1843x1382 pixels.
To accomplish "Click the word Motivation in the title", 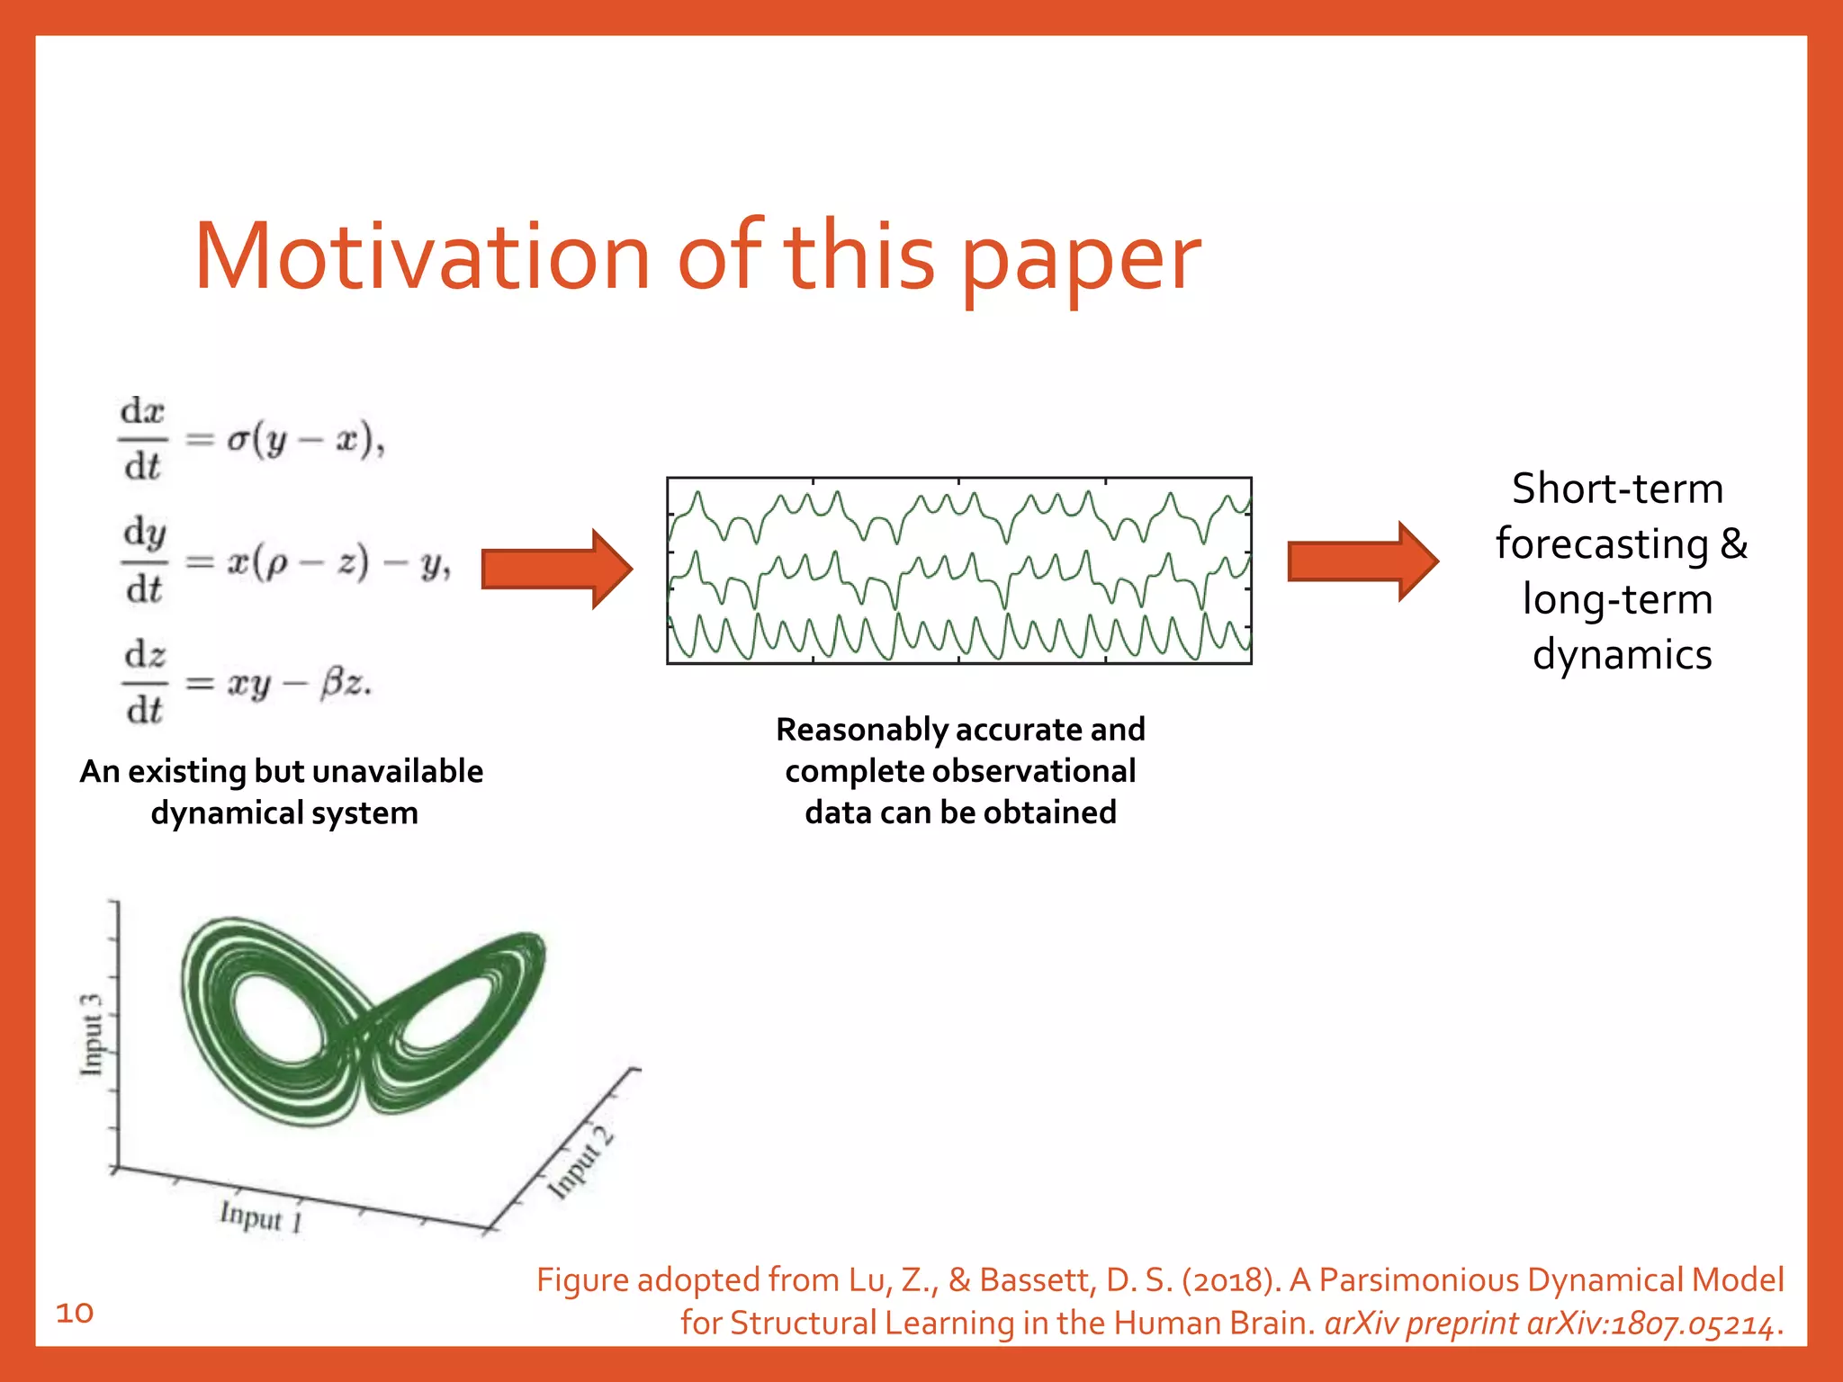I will coord(421,257).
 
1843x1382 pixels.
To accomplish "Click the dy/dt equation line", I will coord(286,561).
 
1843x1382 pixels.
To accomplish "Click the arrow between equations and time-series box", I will coord(556,569).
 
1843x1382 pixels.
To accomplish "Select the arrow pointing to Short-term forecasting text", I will coord(1362,561).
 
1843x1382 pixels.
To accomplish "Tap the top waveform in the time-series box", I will coord(958,516).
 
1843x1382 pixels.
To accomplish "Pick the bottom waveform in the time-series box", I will coord(958,635).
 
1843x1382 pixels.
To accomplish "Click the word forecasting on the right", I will coord(1602,545).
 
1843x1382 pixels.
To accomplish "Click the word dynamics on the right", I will coord(1622,655).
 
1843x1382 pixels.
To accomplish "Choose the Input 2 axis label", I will coord(581,1162).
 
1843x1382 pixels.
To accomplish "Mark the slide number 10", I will coord(75,1313).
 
